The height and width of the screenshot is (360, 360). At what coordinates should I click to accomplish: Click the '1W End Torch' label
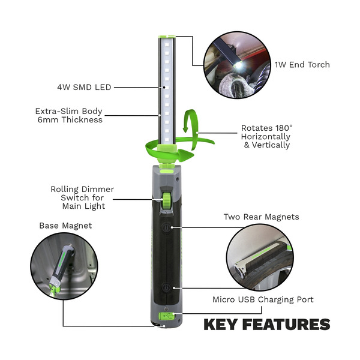(x=302, y=64)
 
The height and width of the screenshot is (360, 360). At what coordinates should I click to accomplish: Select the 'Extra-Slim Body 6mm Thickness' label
(x=68, y=115)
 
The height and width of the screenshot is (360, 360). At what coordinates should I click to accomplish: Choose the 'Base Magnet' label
(x=66, y=226)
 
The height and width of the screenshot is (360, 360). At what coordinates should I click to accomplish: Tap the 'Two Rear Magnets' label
(x=261, y=217)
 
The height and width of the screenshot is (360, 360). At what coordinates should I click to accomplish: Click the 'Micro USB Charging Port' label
(x=263, y=299)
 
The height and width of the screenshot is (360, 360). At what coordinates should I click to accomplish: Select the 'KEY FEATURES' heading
(x=266, y=325)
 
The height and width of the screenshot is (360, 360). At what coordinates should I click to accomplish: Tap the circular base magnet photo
(x=64, y=266)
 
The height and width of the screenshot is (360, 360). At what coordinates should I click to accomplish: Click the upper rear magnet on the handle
(x=172, y=228)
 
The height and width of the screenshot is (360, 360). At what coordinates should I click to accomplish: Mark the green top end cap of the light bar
(x=167, y=38)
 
